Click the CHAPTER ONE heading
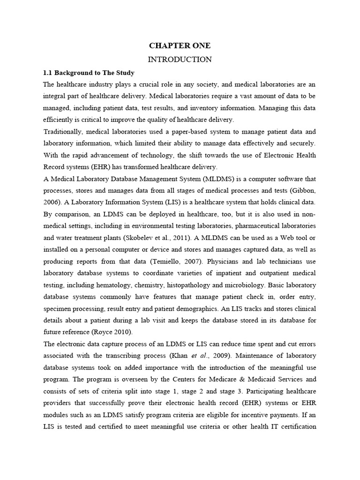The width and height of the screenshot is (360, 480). [180, 45]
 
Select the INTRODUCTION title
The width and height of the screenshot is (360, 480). [180, 60]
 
